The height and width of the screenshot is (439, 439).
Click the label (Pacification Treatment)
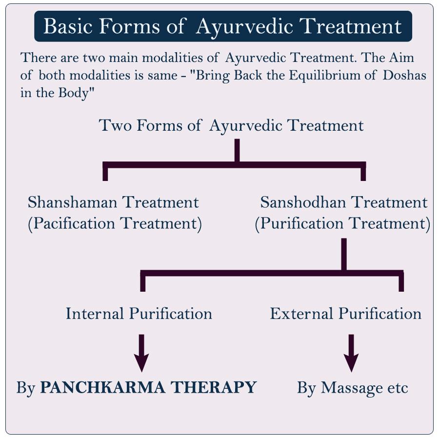click(x=115, y=224)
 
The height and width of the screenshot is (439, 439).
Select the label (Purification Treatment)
click(x=342, y=224)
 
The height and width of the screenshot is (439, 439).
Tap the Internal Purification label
click(x=139, y=313)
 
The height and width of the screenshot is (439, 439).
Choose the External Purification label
click(x=346, y=313)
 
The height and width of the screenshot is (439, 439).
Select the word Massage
click(x=352, y=388)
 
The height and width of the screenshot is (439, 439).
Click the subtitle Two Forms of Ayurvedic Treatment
click(x=231, y=125)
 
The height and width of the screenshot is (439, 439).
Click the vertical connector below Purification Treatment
click(x=344, y=254)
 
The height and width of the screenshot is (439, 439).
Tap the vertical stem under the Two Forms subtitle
click(x=237, y=150)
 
